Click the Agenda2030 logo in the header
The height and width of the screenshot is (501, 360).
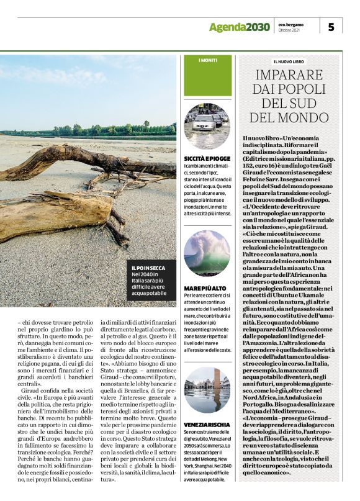[x=239, y=27]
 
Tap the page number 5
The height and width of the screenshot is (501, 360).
[x=331, y=27]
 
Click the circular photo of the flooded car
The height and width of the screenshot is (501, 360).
[x=207, y=126]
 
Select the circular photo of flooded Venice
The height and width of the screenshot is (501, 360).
[x=207, y=389]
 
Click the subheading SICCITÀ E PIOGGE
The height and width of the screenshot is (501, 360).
[x=206, y=160]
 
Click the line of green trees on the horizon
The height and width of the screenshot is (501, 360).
[x=93, y=130]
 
